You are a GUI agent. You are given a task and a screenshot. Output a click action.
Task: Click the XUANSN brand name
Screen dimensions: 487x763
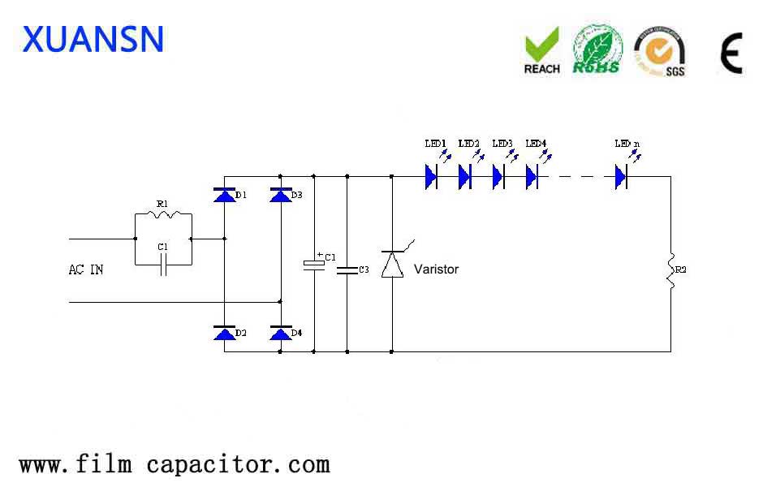coord(93,39)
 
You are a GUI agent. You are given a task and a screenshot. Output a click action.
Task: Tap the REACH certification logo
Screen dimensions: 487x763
coord(541,50)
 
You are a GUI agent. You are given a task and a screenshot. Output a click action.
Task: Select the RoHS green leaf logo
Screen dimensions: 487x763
coord(597,50)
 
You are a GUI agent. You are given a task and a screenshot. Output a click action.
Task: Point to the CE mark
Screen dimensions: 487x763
coord(731,54)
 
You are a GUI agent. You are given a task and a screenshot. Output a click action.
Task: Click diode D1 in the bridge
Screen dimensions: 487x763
coord(224,196)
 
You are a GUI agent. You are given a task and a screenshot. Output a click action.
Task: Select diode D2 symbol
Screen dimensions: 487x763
coord(224,333)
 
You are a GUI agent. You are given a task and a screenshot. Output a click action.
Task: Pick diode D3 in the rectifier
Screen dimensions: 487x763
coord(281,196)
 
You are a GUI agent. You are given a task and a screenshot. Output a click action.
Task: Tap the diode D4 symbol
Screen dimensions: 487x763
coord(281,333)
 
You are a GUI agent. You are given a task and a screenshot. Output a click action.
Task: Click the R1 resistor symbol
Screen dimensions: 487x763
coord(163,214)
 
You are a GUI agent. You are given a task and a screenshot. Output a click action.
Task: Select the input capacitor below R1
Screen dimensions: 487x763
coord(163,265)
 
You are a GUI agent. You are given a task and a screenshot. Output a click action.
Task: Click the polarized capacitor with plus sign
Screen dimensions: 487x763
coord(313,264)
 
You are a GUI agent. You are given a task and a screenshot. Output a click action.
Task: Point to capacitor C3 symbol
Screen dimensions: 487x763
coord(347,269)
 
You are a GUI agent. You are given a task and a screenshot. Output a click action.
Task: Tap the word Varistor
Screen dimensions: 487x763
coord(436,269)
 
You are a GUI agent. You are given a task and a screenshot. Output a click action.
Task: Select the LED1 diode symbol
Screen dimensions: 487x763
coord(431,176)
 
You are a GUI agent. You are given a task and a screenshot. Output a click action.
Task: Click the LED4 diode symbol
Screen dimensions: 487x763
coord(532,176)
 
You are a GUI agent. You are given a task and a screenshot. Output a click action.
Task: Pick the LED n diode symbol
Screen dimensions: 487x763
coord(622,176)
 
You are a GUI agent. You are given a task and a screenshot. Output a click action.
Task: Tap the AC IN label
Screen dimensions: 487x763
coord(86,269)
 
